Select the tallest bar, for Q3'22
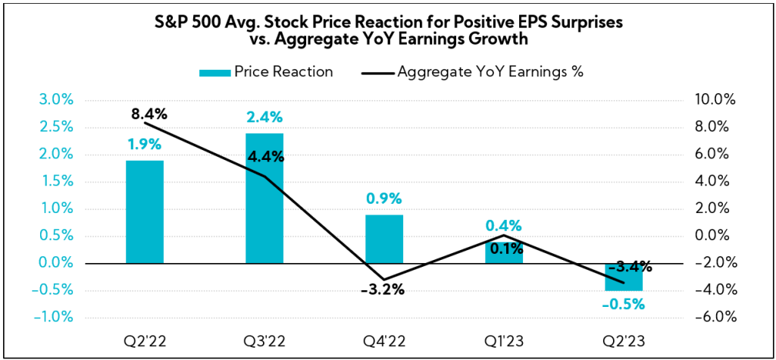click(x=264, y=198)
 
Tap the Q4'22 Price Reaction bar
click(x=384, y=239)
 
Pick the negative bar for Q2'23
click(x=624, y=277)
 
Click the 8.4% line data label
click(x=148, y=114)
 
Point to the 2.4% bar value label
click(x=264, y=117)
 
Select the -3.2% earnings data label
click(x=382, y=290)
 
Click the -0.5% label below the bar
click(x=624, y=305)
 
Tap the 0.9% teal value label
click(x=384, y=199)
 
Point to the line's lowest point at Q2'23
click(x=624, y=283)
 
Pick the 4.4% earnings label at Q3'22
click(x=264, y=158)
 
